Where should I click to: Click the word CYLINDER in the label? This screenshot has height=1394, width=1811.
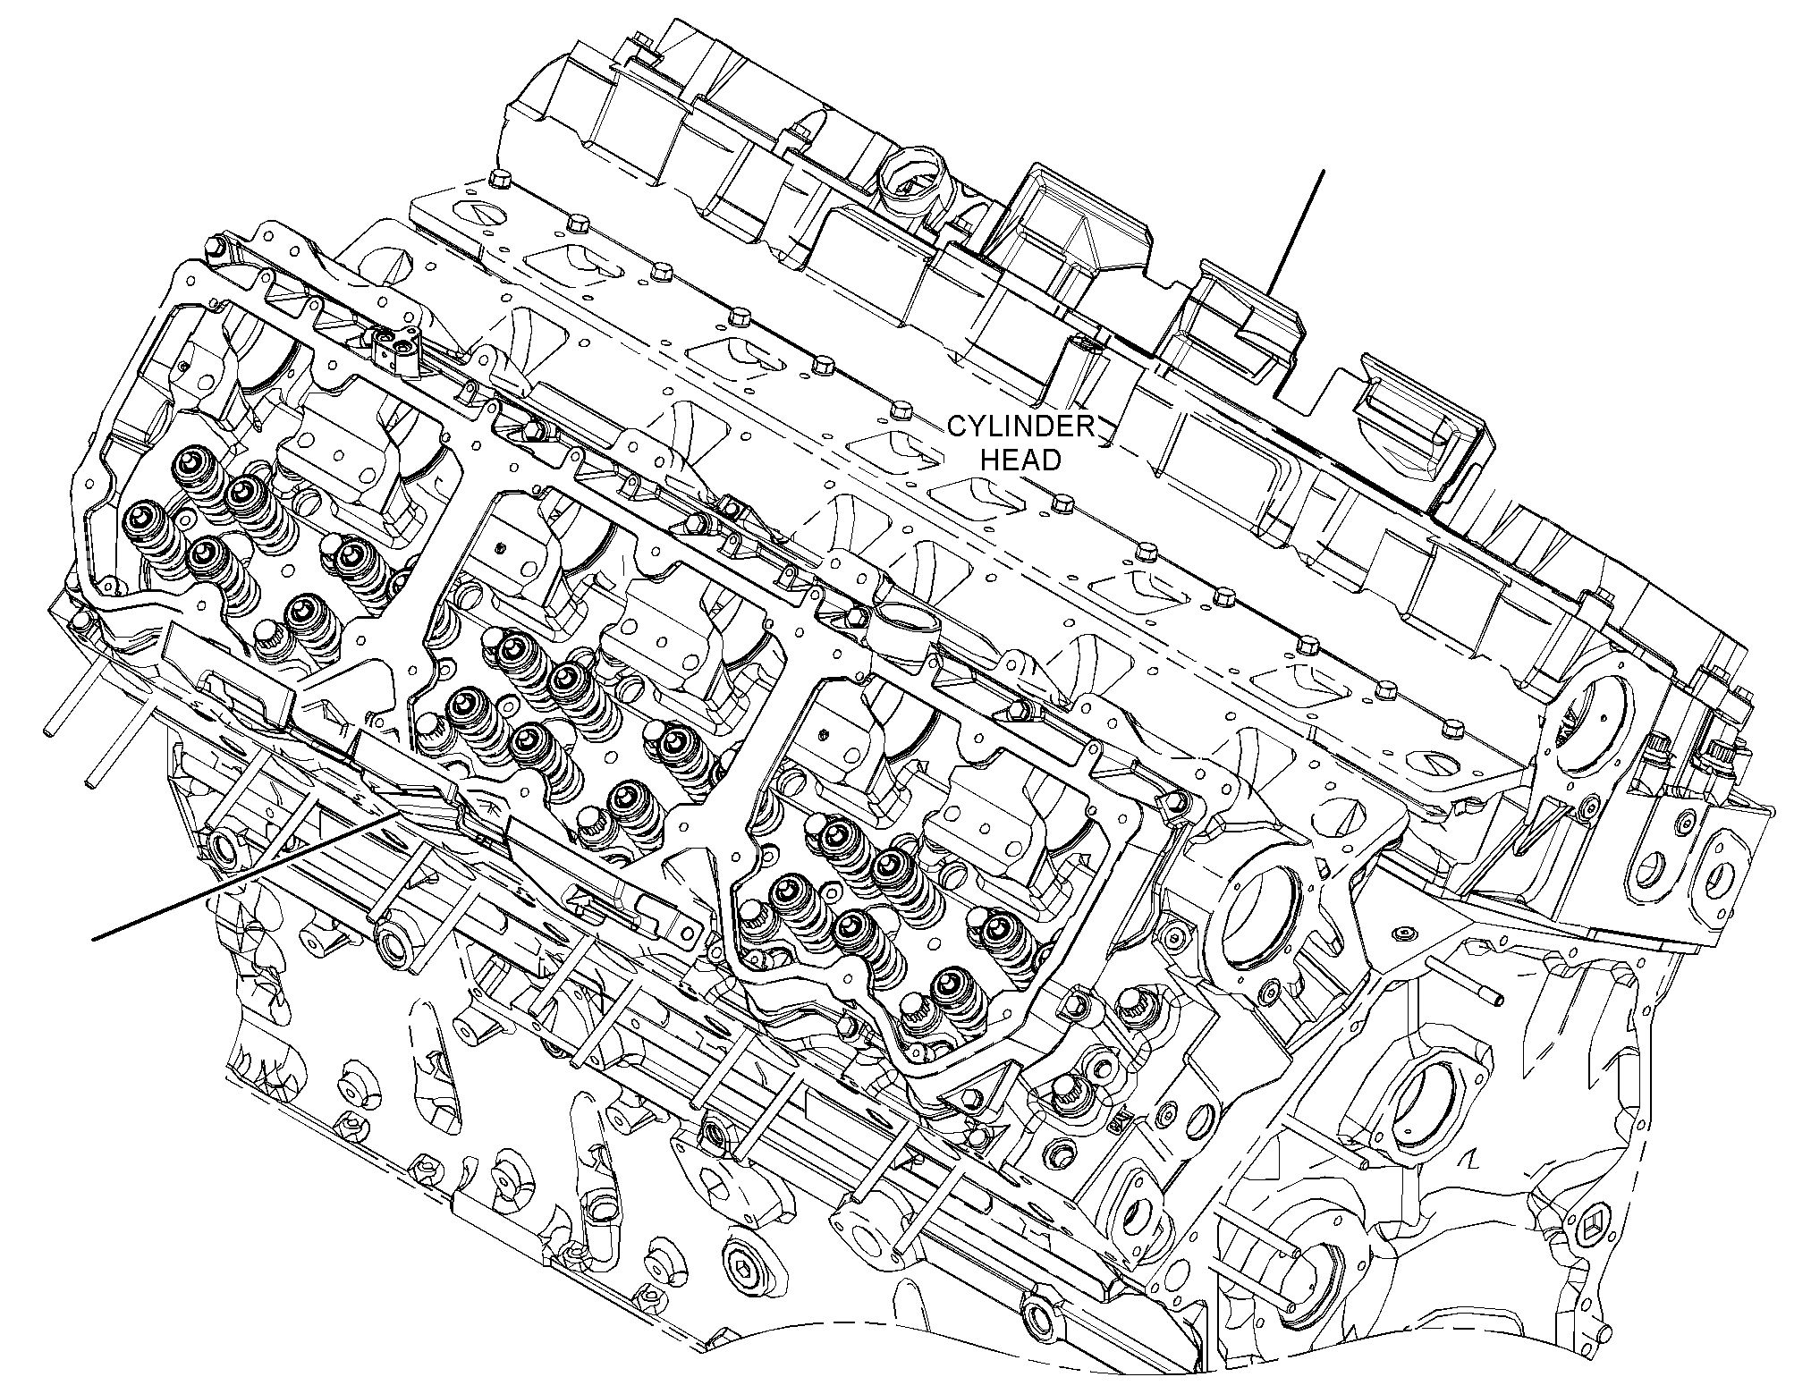click(x=1021, y=427)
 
